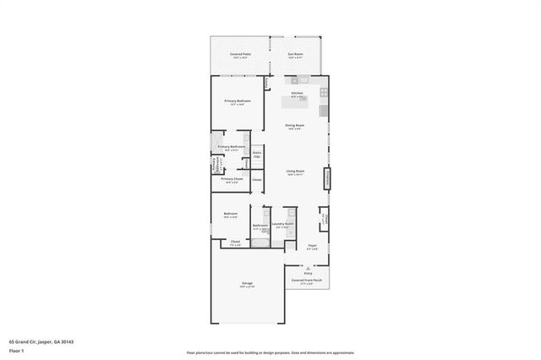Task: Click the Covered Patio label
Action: coord(239,54)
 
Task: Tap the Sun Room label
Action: coord(295,54)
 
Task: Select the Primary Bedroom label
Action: coord(238,101)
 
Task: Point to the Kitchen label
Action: coord(298,93)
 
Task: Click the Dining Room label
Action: coord(294,125)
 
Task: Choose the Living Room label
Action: coord(294,171)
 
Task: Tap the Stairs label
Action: coord(257,154)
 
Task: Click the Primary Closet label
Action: coord(232,179)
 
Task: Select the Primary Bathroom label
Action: coord(231,147)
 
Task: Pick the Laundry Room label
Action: coord(283,224)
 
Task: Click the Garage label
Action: coord(247,283)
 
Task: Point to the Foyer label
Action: coord(312,246)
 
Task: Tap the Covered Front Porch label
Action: coord(307,280)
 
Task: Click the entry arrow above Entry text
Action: coord(308,268)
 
